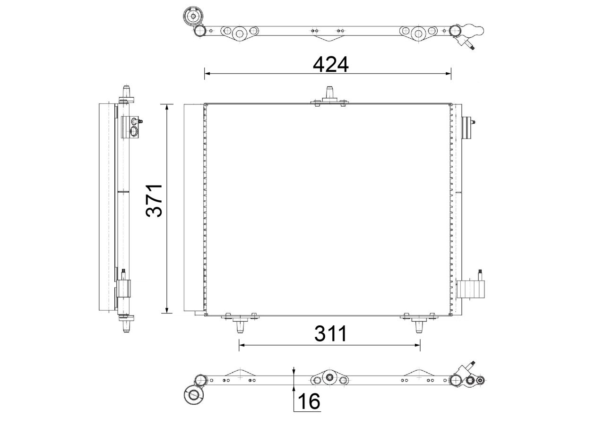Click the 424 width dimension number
tap(330, 64)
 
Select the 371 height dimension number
tap(155, 200)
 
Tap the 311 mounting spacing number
tap(330, 334)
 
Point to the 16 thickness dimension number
tap(309, 401)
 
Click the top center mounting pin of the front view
tap(329, 93)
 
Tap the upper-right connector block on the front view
tap(467, 128)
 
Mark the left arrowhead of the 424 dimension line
tap(207, 73)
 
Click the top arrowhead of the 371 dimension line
tap(166, 107)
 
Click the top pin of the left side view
tap(126, 91)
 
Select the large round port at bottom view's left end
tap(193, 394)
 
